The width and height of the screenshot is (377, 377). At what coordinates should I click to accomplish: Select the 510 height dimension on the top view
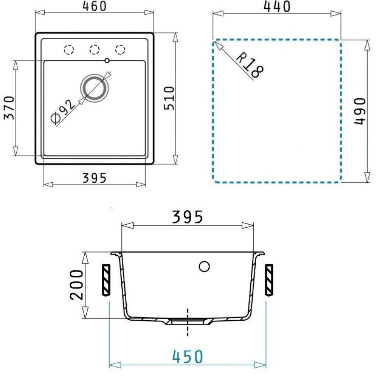(x=170, y=98)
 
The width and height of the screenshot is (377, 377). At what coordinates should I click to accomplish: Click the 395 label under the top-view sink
(x=94, y=178)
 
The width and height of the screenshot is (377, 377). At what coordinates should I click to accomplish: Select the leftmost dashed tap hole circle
(x=69, y=49)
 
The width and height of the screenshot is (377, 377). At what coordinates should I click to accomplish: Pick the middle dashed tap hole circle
(x=94, y=49)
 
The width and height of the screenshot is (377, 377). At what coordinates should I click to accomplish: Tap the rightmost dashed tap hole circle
(x=120, y=49)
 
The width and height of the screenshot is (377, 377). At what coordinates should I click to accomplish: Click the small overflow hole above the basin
(x=107, y=61)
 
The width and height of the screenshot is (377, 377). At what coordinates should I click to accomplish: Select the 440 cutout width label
(x=276, y=7)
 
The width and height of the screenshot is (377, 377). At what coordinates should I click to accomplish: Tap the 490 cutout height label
(x=360, y=111)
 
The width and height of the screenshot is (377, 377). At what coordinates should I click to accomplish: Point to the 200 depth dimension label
(x=77, y=285)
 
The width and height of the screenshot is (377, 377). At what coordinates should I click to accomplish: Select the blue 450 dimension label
(x=188, y=356)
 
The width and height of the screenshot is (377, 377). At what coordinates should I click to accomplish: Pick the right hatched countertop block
(x=269, y=279)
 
